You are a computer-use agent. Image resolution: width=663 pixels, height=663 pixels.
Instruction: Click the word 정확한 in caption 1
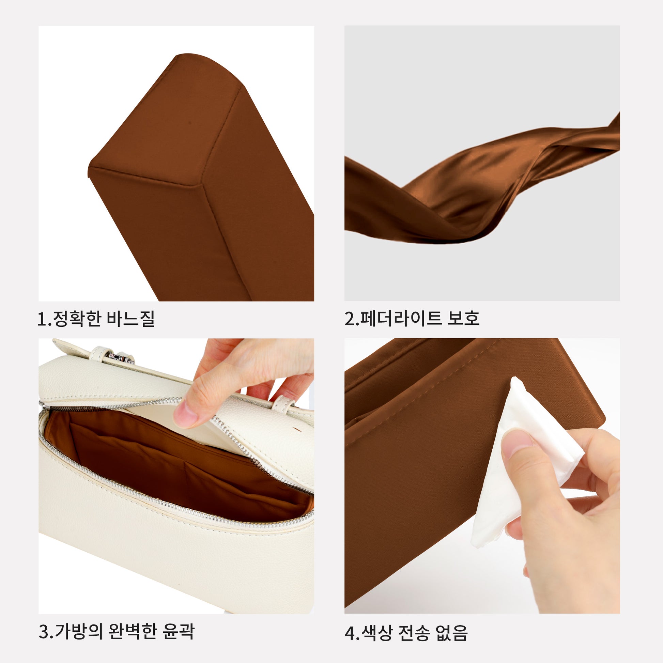tap(77, 319)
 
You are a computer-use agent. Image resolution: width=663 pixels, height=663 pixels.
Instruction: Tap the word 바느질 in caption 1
tap(130, 319)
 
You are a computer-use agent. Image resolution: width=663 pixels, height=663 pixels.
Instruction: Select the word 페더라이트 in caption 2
tap(400, 319)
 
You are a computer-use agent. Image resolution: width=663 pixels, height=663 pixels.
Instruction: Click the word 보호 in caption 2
tap(463, 319)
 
